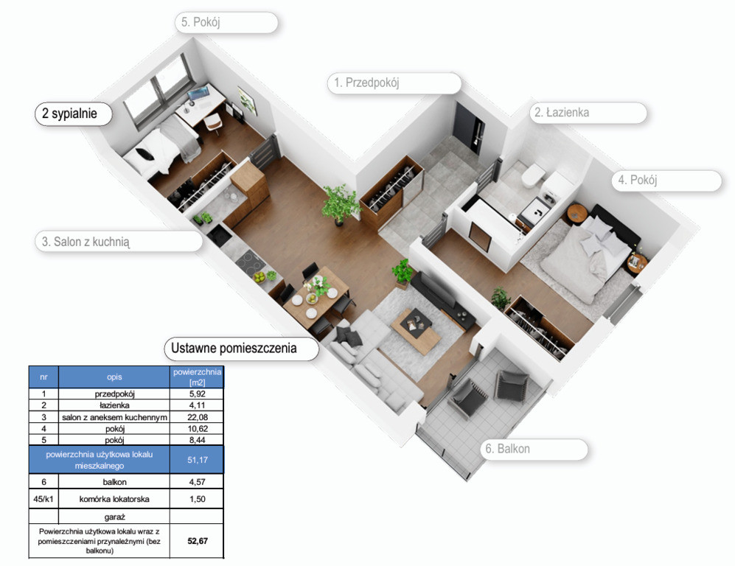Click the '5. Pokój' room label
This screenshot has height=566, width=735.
pos(201,22)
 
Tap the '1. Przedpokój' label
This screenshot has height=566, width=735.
pos(366,83)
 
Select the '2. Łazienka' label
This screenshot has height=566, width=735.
pos(562,113)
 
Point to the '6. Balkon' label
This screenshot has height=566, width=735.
pos(508,449)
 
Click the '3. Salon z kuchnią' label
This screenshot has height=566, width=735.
pos(86,242)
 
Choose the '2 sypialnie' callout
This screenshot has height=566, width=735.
pos(69,113)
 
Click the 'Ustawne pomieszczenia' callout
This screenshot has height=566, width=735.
pos(234,348)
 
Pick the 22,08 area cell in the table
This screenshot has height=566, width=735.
pos(198,417)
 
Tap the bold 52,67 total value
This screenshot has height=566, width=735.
pos(198,541)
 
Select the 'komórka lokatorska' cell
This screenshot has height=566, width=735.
pos(114,499)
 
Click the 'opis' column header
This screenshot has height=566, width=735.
pos(114,377)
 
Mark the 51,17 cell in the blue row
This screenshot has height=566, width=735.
pos(198,460)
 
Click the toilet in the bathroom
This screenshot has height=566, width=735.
pos(532,176)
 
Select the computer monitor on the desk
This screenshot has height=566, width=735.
pos(198,94)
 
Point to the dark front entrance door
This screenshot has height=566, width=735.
pos(469,127)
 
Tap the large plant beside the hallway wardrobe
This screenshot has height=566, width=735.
pos(339,204)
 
